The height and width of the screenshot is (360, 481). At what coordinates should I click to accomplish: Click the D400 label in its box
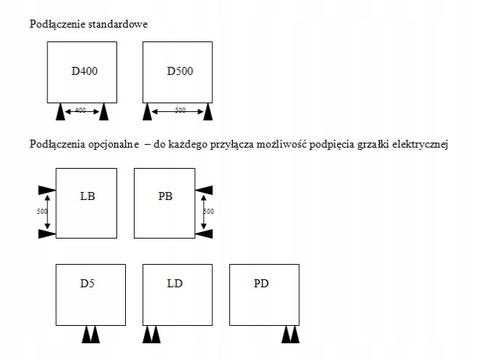(84, 71)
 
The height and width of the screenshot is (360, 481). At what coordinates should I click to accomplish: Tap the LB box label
(88, 196)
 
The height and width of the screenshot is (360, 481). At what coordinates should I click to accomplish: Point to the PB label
(165, 196)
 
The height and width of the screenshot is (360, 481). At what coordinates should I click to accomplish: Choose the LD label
(175, 281)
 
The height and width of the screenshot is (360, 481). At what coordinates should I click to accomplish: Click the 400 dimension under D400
(82, 111)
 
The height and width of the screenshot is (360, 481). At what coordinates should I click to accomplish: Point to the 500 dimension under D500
(179, 111)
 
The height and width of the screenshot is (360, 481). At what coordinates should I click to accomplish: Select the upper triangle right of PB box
(204, 190)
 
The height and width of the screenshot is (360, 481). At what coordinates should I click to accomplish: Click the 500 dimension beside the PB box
(209, 212)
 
